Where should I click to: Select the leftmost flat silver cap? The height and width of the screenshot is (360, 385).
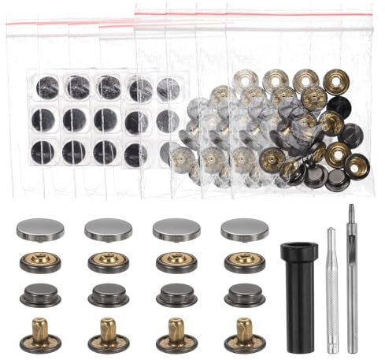click(40, 229)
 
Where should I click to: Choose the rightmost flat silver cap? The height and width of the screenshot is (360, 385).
click(245, 229)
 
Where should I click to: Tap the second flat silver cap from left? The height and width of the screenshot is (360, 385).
click(108, 229)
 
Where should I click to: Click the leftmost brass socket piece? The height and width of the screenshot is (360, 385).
click(40, 262)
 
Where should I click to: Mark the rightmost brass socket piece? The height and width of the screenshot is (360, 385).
click(245, 262)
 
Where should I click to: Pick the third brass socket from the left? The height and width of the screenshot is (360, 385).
click(176, 262)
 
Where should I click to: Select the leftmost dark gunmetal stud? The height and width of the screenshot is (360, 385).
click(40, 295)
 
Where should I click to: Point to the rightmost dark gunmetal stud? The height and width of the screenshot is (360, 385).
click(245, 295)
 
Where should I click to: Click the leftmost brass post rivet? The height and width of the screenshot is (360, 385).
click(40, 334)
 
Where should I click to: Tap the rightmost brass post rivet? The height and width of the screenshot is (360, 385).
click(245, 334)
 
